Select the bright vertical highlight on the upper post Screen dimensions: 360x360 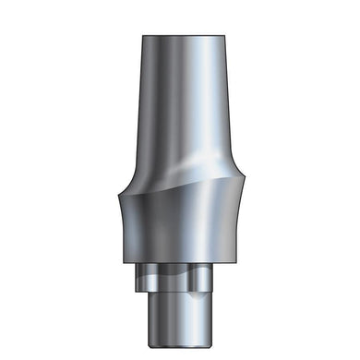tap(198, 102)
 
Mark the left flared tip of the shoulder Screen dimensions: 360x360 tap(121, 191)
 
